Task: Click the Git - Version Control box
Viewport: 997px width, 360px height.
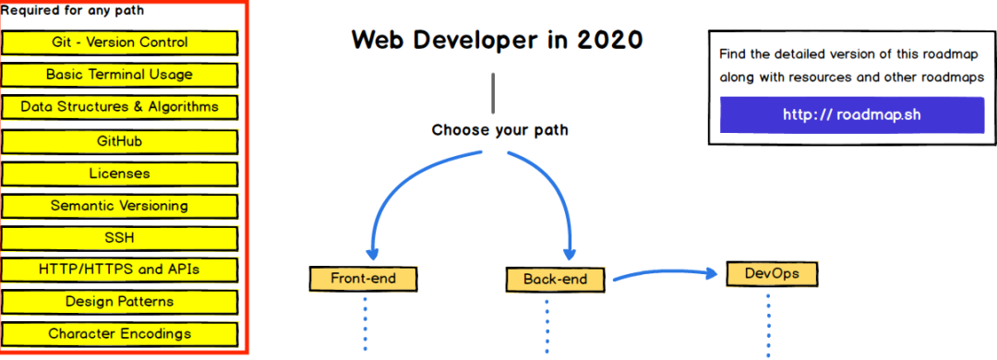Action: click(x=120, y=42)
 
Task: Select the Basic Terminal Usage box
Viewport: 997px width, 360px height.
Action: click(x=120, y=75)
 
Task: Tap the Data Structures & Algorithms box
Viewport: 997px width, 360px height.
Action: click(x=120, y=107)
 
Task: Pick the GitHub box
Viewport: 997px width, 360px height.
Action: click(x=120, y=141)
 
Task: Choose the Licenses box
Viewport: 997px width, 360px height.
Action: click(x=120, y=174)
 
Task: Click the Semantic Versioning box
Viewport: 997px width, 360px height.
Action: click(x=120, y=206)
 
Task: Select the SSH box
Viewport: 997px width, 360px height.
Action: click(x=120, y=238)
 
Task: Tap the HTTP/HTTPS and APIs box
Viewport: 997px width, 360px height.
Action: click(x=120, y=270)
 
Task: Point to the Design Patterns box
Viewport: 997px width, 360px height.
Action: click(x=120, y=302)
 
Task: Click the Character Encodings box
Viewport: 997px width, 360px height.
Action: click(x=120, y=333)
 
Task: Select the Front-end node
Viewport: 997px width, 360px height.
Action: click(x=364, y=278)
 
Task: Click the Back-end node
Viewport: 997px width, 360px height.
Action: click(x=559, y=279)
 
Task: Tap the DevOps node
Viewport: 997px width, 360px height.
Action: click(x=772, y=274)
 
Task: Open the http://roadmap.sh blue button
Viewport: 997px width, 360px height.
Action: click(x=851, y=114)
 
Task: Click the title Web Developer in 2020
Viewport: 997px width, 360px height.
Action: click(x=497, y=41)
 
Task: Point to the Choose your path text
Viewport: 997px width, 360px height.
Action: click(x=499, y=130)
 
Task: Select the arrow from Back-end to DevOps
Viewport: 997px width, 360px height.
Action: click(x=665, y=273)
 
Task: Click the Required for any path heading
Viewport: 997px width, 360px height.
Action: click(x=72, y=11)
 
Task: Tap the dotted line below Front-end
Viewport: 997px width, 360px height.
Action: click(x=365, y=323)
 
